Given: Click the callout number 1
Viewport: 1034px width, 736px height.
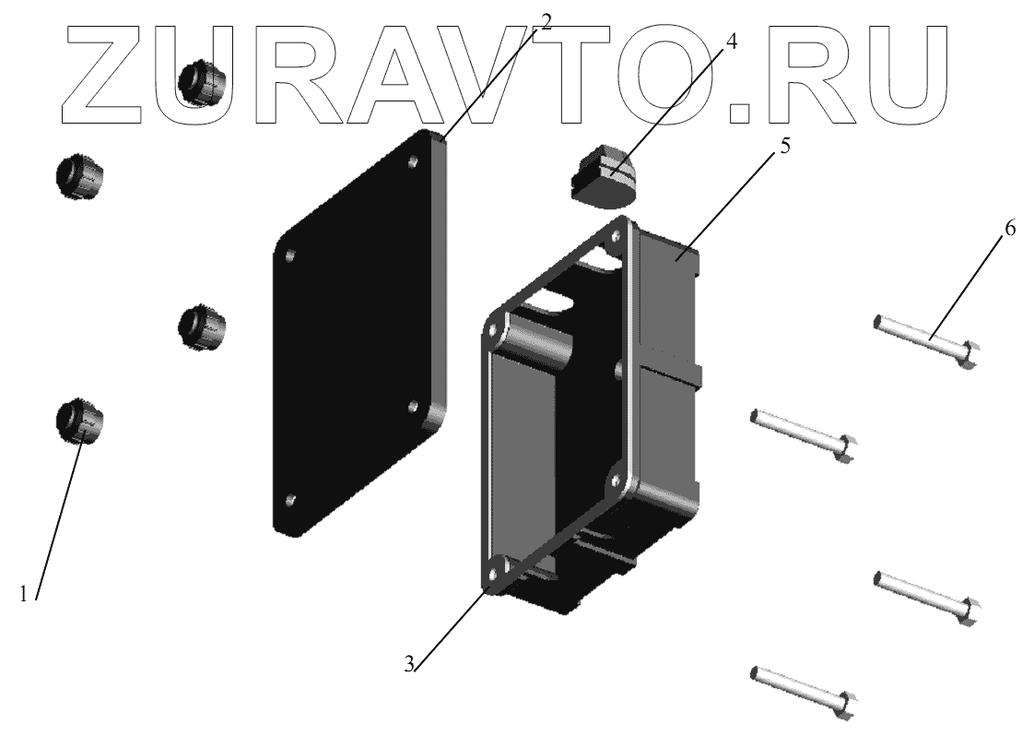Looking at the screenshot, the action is coord(24,593).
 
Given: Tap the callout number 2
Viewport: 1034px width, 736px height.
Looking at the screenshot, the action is coord(545,20).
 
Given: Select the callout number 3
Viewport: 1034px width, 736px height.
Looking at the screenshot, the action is coord(409,663).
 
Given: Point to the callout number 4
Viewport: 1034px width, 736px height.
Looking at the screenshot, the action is coord(731,41).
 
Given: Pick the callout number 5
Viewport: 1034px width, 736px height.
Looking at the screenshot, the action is coord(785,146).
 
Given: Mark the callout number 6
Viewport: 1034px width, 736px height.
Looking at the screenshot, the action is coord(1010,228).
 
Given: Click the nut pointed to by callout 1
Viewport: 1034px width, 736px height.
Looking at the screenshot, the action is coord(80,421).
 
